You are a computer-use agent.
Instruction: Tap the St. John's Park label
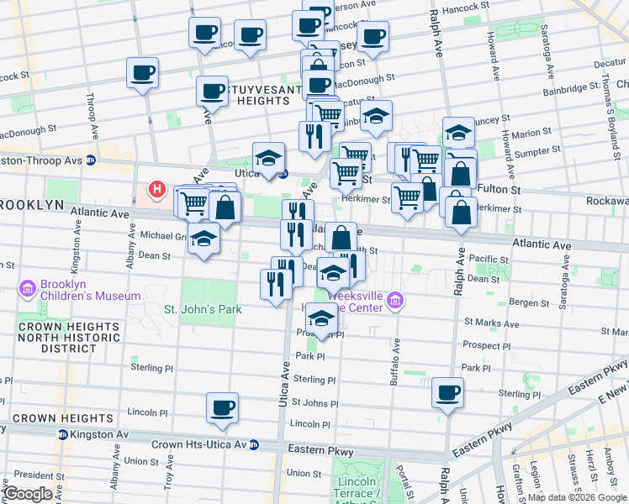point(203,309)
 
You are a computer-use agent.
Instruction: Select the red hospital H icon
point(156,189)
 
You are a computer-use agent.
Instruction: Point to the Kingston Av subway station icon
point(62,434)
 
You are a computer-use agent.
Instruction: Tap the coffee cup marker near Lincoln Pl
point(223,407)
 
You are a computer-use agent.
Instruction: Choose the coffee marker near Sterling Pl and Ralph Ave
point(447,391)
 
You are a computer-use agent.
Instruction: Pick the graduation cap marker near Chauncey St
point(458,132)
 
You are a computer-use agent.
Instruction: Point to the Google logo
point(29,494)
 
